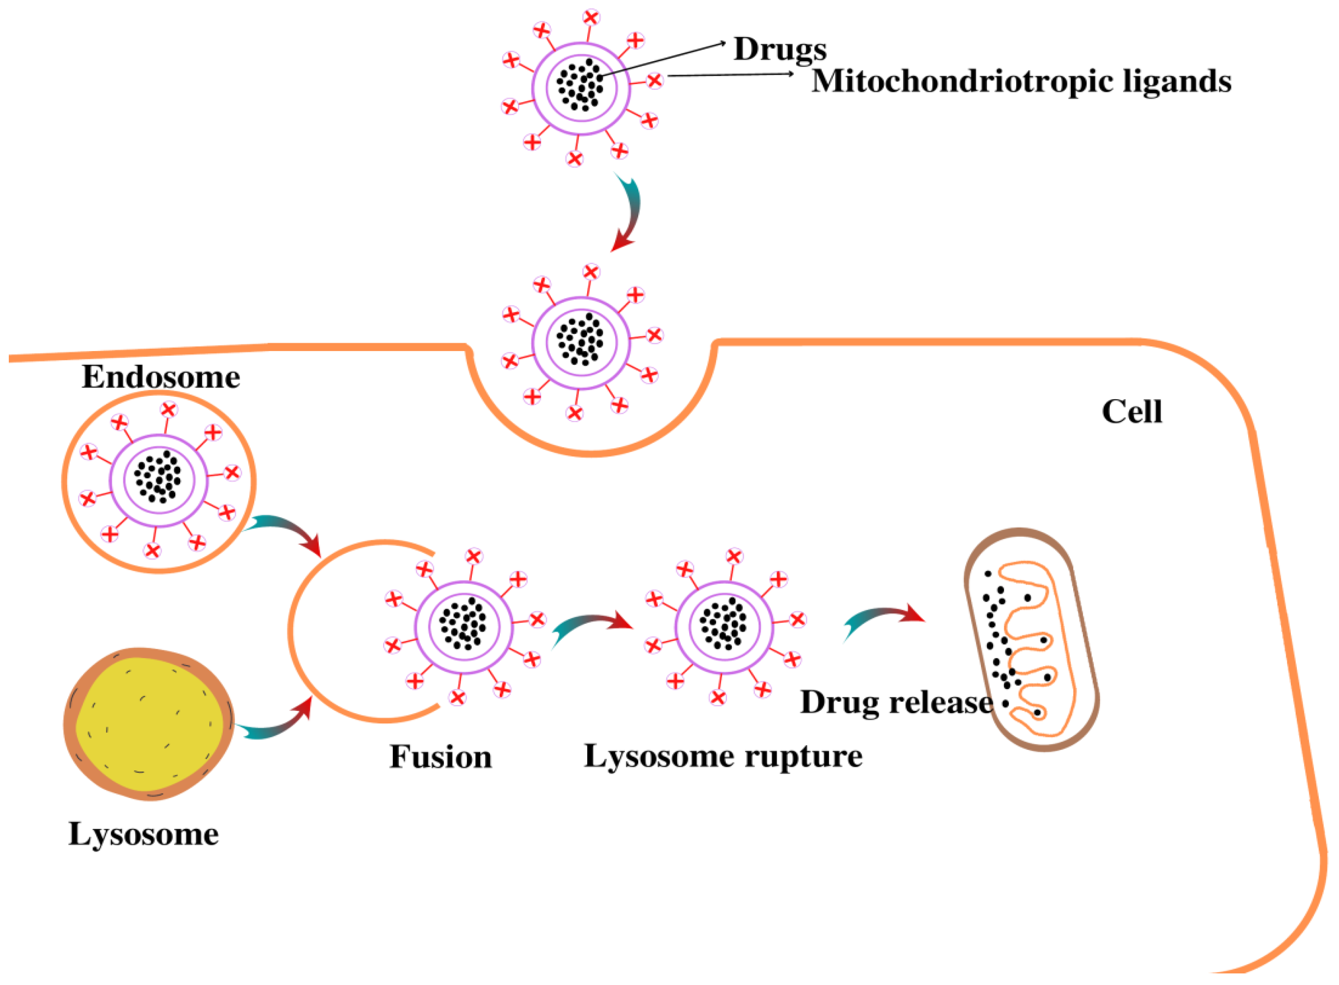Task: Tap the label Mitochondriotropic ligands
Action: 1021,81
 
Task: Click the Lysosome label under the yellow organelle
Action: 143,834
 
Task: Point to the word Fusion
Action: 440,757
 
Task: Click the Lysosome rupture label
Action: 723,757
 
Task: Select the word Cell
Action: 1131,412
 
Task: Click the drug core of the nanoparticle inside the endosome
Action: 158,477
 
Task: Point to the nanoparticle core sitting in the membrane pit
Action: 580,339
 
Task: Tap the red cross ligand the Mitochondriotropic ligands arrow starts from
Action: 654,80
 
